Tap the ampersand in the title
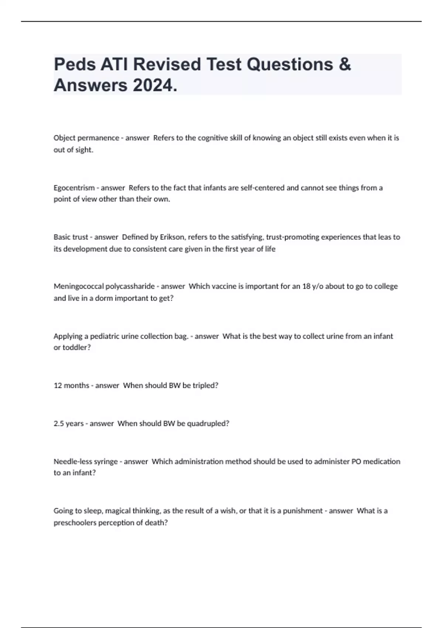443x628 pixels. pyautogui.click(x=344, y=64)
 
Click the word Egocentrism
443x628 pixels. pyautogui.click(x=74, y=188)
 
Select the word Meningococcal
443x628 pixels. pyautogui.click(x=79, y=286)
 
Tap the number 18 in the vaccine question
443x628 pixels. pyautogui.click(x=306, y=286)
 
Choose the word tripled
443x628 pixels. pyautogui.click(x=205, y=385)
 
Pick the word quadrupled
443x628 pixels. pyautogui.click(x=208, y=423)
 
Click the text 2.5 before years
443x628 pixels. pyautogui.click(x=59, y=423)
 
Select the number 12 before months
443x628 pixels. pyautogui.click(x=58, y=385)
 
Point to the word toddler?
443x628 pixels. pyautogui.click(x=76, y=347)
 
